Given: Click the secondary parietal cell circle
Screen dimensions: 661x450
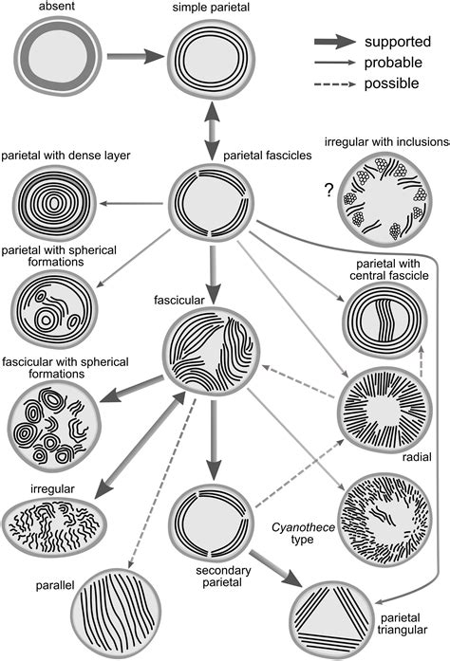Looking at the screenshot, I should [210, 523].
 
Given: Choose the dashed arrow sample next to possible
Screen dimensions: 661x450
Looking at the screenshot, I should [335, 83].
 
